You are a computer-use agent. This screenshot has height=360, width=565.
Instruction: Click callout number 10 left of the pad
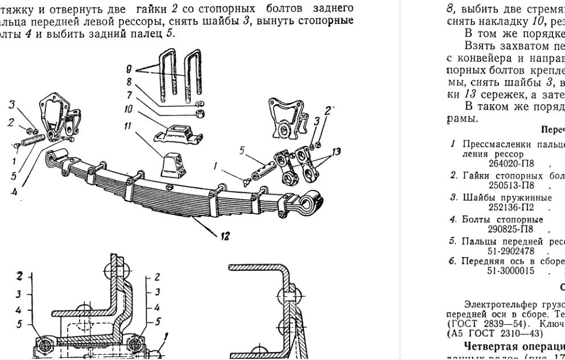[129, 107]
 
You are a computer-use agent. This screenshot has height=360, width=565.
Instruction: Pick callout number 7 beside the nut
[130, 94]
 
